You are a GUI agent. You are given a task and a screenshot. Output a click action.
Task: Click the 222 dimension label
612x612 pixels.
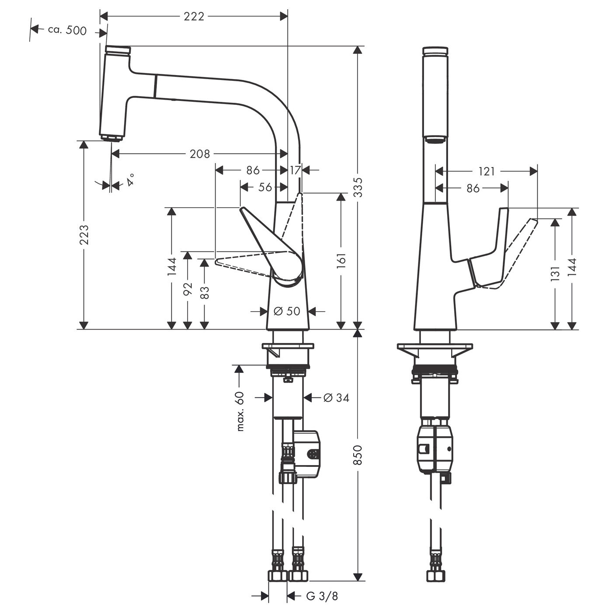click(194, 16)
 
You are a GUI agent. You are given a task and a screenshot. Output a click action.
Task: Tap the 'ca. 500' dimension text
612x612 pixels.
click(67, 30)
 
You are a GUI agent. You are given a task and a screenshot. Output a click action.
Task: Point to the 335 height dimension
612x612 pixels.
click(358, 187)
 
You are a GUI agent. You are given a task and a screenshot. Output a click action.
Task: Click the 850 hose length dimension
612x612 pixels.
click(358, 455)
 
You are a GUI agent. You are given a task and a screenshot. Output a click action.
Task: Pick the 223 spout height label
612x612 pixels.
click(84, 234)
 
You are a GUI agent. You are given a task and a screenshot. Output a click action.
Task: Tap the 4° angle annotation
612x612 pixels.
click(130, 180)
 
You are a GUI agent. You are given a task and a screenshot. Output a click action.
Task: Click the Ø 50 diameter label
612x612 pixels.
click(287, 311)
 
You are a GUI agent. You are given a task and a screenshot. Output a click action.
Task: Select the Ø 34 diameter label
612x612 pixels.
click(336, 398)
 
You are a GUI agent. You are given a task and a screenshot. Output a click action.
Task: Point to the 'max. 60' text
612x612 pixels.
click(240, 411)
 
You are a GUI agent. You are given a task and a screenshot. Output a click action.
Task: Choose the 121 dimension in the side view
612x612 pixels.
click(486, 171)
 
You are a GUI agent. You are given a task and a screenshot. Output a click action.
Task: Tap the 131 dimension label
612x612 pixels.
click(555, 275)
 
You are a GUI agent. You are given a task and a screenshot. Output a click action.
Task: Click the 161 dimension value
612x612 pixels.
click(341, 261)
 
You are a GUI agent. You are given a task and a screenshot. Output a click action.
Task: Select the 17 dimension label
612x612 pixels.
click(295, 170)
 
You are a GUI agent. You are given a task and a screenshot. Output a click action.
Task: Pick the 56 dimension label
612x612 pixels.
click(264, 187)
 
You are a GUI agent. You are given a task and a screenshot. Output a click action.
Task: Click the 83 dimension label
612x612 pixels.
click(204, 292)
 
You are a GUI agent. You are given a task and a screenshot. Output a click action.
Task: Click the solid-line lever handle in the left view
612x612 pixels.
click(271, 249)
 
